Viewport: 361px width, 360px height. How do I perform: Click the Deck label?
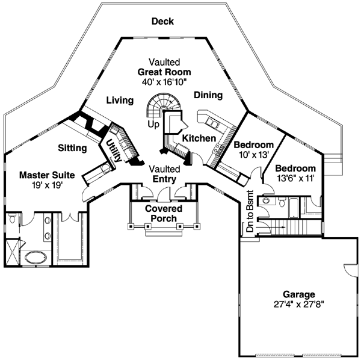coord(162,22)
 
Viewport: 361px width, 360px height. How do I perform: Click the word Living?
coord(120,101)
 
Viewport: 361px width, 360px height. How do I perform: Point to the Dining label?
coord(208,95)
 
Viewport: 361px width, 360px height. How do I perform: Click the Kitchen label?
coord(199,138)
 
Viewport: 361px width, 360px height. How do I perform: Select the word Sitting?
coord(72,147)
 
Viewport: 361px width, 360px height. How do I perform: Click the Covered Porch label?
coord(164,214)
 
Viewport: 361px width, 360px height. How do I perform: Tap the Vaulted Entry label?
coord(164,174)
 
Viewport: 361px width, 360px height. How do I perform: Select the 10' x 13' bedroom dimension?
coord(253,155)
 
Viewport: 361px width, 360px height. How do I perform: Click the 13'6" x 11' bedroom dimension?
coord(295,179)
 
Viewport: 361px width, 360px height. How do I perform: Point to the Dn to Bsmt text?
coord(251,206)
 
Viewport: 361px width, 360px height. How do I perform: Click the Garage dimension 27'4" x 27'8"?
coord(296,305)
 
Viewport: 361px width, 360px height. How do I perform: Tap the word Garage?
coord(296,294)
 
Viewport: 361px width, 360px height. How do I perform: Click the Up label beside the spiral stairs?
coord(153,123)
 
